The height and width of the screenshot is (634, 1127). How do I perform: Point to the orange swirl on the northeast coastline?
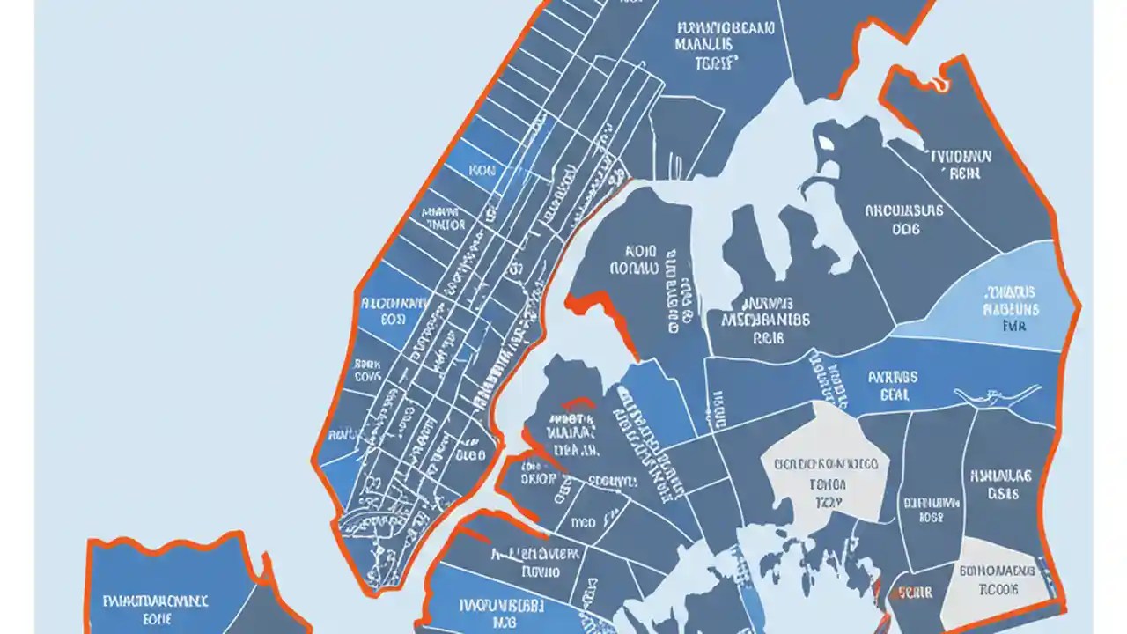pos(940,84)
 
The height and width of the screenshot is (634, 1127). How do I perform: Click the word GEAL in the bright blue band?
pos(894,395)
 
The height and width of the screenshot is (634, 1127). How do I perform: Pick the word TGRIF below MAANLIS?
pos(715,63)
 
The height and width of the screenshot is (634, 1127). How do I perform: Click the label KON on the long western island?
pos(482,171)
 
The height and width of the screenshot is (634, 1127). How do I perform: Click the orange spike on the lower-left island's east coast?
pos(264,564)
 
